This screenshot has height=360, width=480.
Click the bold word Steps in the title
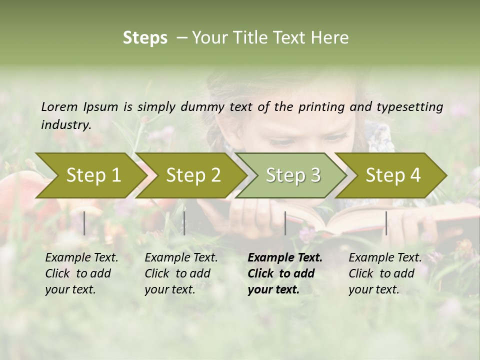145,38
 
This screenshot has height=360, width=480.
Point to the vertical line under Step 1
84,223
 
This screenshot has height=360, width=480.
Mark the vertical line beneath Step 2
184,223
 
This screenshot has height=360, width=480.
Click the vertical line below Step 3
285,223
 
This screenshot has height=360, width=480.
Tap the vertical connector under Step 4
386,223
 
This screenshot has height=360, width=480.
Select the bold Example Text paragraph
284,273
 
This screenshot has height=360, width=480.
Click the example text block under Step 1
81,273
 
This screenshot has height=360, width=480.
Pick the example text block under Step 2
180,273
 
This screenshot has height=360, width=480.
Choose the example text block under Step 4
384,273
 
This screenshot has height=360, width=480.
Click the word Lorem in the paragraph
59,106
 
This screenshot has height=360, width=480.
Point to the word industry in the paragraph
66,124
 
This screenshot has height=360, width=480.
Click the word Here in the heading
330,38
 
